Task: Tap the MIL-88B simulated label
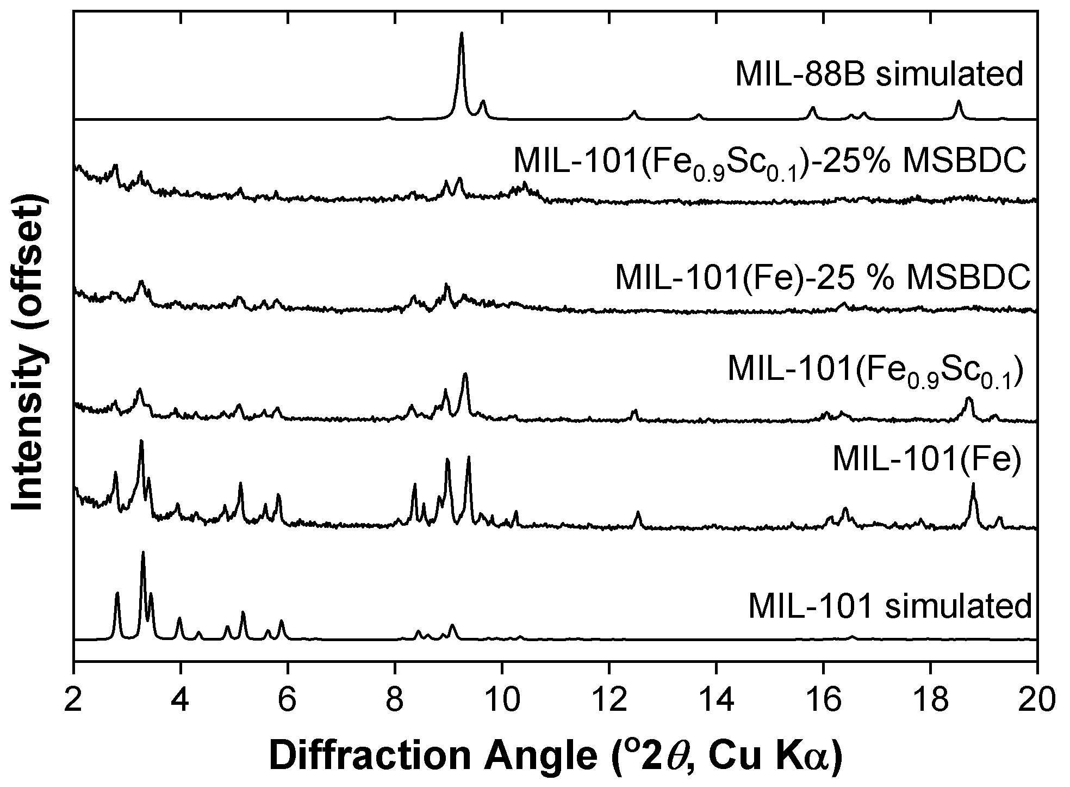(x=879, y=75)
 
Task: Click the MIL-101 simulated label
(x=889, y=606)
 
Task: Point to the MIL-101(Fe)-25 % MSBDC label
(x=823, y=278)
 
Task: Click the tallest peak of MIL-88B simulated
(x=462, y=34)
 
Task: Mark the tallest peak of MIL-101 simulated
(x=143, y=553)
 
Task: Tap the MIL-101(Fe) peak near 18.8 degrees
(x=973, y=484)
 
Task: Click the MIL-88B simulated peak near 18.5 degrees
(x=959, y=102)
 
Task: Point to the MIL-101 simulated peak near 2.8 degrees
(x=117, y=593)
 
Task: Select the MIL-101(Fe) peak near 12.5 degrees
(x=638, y=513)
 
